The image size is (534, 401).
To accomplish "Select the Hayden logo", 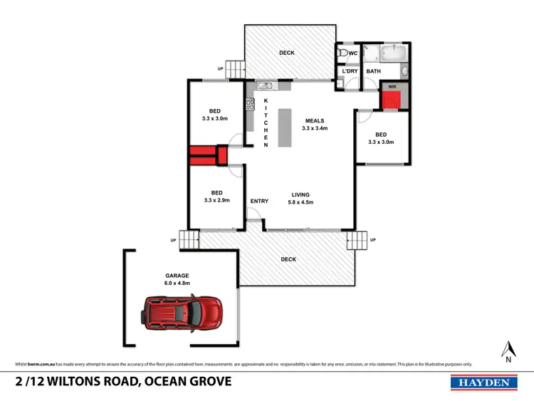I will point(483,382).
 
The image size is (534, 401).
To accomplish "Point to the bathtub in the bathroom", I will point(391,53).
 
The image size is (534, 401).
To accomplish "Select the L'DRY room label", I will point(349,71).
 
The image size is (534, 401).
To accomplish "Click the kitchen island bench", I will point(286,128).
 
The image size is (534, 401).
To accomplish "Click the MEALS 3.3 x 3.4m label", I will point(315,125).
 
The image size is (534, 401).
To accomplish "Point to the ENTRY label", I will point(259,201).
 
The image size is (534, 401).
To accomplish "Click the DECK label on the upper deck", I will point(287,53).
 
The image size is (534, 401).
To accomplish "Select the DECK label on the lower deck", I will point(288,259).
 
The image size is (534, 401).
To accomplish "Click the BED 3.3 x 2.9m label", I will point(216,197).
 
